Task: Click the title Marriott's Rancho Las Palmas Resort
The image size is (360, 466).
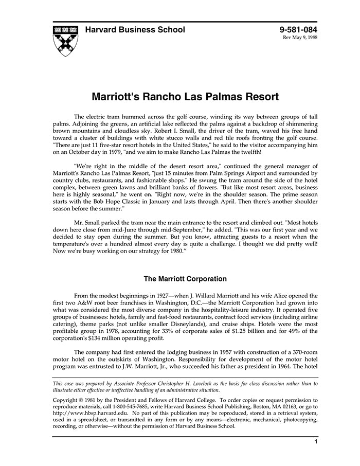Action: click(x=185, y=97)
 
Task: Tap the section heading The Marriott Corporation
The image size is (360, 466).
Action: click(x=185, y=279)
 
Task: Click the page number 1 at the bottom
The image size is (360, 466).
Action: click(x=315, y=442)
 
